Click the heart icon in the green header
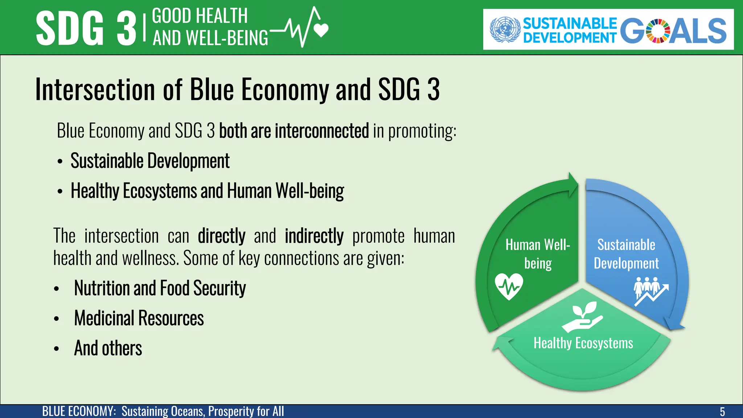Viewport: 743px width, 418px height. tap(321, 30)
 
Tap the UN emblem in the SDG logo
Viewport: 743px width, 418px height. tap(505, 29)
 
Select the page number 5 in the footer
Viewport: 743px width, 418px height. tap(722, 411)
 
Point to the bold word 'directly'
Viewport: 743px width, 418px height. tap(222, 236)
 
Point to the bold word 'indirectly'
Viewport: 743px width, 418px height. tap(314, 236)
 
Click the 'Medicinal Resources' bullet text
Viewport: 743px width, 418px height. tap(139, 318)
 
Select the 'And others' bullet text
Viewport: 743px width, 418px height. tap(108, 348)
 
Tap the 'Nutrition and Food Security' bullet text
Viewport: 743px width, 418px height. tap(160, 288)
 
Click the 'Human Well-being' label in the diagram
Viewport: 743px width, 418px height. tap(538, 254)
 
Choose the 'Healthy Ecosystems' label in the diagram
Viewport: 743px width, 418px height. tap(583, 343)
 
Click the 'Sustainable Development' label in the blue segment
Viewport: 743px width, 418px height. tap(626, 254)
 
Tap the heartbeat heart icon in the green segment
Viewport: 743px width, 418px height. tap(509, 287)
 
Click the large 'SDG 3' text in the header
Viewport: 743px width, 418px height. tap(86, 28)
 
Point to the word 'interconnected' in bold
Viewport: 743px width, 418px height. tap(322, 131)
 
